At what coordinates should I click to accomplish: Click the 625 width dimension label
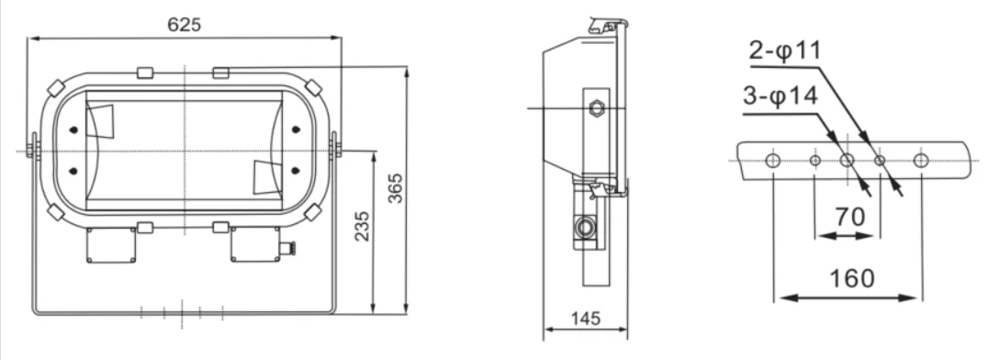184,24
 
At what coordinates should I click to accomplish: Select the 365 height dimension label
395,188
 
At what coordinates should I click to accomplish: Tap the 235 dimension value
363,226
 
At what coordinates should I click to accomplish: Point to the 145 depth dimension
586,319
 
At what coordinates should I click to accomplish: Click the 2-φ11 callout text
785,51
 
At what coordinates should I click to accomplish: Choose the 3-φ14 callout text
780,97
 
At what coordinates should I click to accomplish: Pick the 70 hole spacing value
850,217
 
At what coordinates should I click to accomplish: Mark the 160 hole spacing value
852,278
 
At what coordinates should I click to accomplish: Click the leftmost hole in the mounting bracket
773,160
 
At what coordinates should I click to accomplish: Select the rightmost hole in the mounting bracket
921,160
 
